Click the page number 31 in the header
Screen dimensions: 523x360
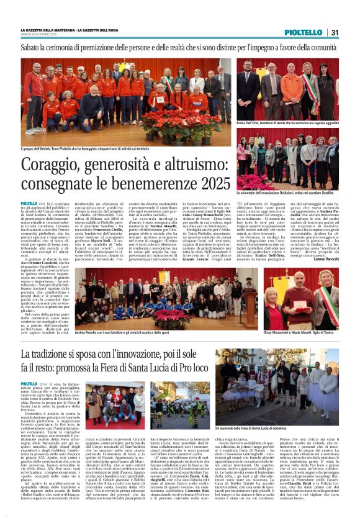coord(335,32)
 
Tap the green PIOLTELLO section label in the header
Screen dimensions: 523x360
coord(304,32)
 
